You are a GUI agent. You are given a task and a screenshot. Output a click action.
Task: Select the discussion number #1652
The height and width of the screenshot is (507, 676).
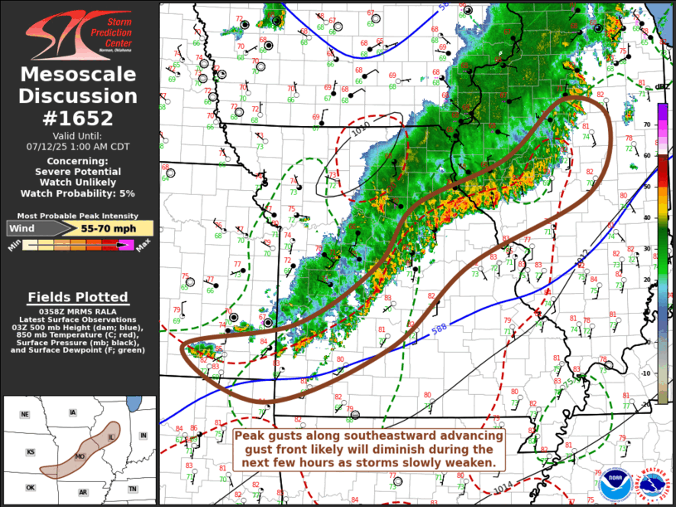coord(79,117)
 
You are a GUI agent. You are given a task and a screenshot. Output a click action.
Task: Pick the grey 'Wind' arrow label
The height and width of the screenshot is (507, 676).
coord(25,227)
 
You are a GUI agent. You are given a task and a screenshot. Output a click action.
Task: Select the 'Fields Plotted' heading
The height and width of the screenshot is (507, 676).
coord(78,297)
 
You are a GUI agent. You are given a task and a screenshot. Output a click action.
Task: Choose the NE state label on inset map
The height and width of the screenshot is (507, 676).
coord(25,414)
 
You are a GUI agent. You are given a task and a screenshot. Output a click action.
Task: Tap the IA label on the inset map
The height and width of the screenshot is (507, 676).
coord(73,412)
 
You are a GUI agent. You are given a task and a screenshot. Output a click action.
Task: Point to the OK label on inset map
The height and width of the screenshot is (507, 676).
coord(30,488)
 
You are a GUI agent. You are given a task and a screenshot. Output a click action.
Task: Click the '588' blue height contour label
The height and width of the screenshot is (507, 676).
coord(439,329)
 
